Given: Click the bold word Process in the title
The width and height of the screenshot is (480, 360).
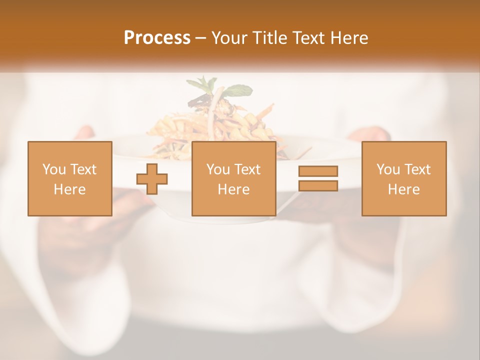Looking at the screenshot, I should click(157, 38).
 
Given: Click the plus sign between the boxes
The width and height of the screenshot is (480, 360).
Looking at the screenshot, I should click(152, 179).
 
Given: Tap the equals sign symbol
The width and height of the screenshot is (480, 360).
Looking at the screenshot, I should click(318, 178).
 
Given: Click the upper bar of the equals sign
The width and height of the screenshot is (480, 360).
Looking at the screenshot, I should click(318, 171).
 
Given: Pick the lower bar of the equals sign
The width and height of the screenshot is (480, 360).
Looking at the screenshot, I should click(318, 185).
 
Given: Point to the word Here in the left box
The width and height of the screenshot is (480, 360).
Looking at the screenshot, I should click(69, 189).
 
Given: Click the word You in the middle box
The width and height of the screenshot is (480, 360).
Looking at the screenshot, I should click(218, 169).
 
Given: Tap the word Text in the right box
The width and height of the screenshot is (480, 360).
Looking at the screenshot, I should click(417, 169).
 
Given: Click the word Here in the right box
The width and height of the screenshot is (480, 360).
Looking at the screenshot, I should click(403, 189).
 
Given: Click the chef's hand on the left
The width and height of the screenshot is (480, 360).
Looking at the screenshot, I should click(85, 133).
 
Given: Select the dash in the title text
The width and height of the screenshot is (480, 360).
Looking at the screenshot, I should click(200, 38).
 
